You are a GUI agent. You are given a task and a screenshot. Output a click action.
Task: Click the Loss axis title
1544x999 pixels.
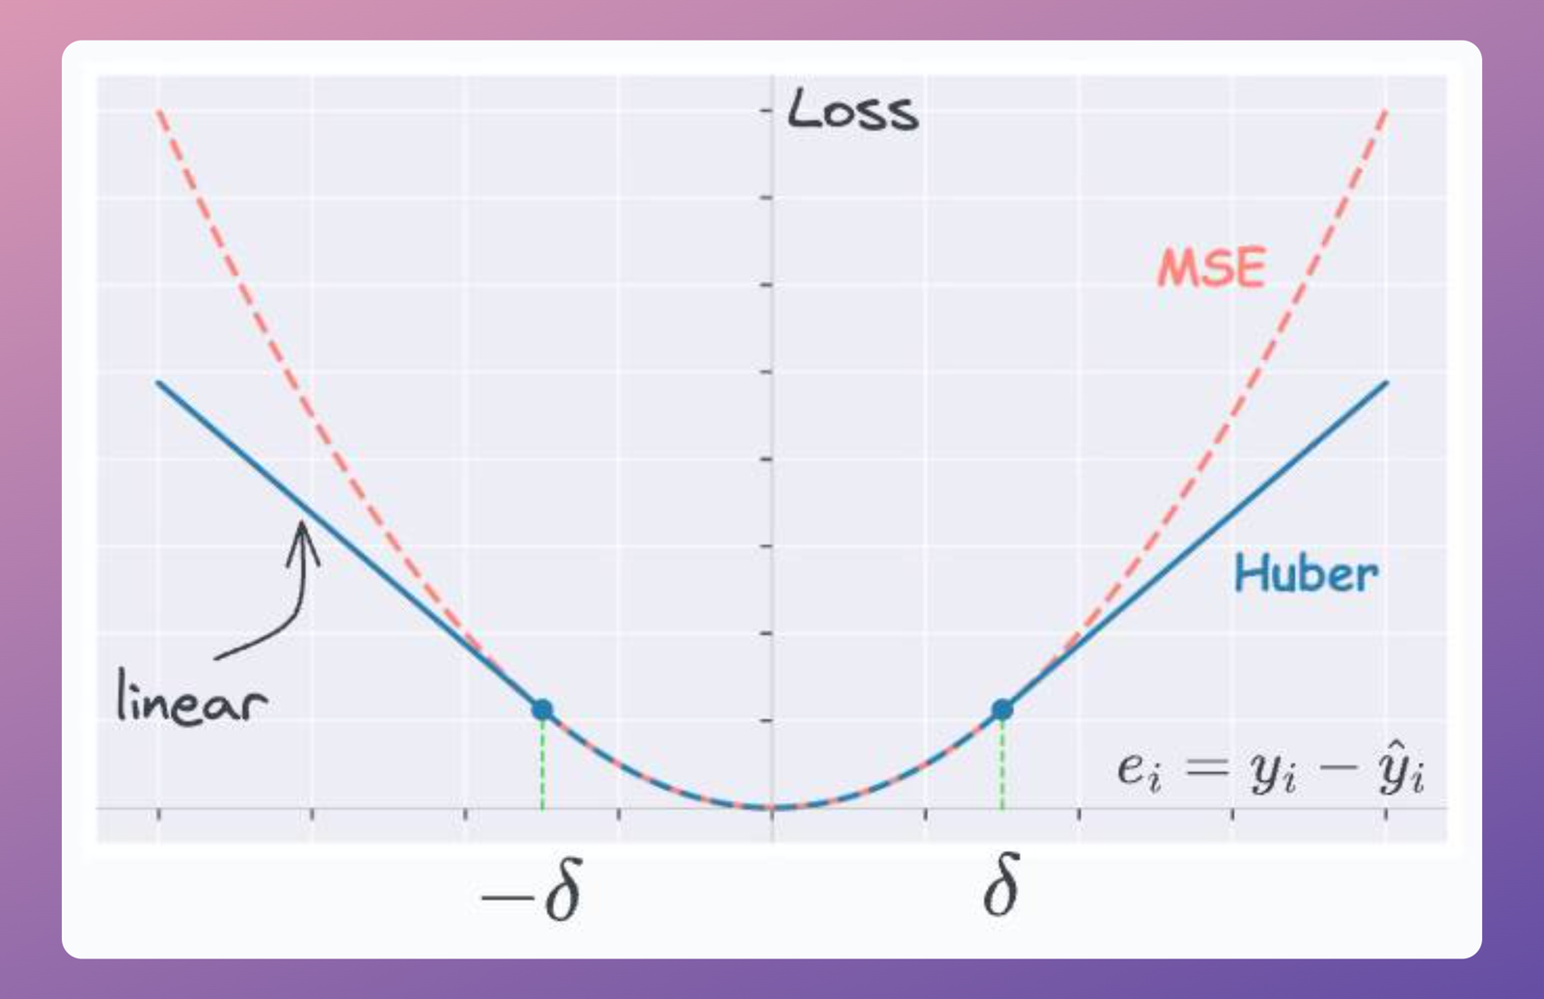[x=853, y=111]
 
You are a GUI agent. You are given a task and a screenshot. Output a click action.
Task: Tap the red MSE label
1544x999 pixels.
[x=1212, y=267]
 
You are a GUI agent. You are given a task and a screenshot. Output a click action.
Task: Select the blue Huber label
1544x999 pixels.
[x=1307, y=574]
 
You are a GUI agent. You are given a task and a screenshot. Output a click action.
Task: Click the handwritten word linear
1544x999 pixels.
[x=191, y=698]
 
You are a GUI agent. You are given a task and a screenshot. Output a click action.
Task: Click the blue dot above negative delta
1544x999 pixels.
[x=542, y=710]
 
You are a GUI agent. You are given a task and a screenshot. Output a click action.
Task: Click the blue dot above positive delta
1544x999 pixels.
[x=1003, y=710]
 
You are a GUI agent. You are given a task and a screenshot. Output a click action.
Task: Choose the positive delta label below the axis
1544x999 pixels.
[x=1002, y=887]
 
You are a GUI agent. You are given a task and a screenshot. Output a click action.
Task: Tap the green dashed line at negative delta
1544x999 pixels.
[x=542, y=763]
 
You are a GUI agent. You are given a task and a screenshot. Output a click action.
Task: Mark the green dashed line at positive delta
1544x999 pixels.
[x=1003, y=763]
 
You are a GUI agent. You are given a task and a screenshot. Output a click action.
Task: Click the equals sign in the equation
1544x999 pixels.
[x=1206, y=768]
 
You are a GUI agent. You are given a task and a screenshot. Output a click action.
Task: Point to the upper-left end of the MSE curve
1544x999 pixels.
[x=160, y=114]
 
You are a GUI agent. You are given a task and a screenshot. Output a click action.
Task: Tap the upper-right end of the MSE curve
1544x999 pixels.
[x=1386, y=114]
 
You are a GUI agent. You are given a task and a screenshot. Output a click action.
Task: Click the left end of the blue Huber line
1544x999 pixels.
[x=160, y=384]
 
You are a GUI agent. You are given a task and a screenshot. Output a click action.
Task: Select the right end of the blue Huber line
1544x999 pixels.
[x=1386, y=384]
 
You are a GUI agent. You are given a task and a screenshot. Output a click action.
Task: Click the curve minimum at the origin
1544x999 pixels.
[x=772, y=806]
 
